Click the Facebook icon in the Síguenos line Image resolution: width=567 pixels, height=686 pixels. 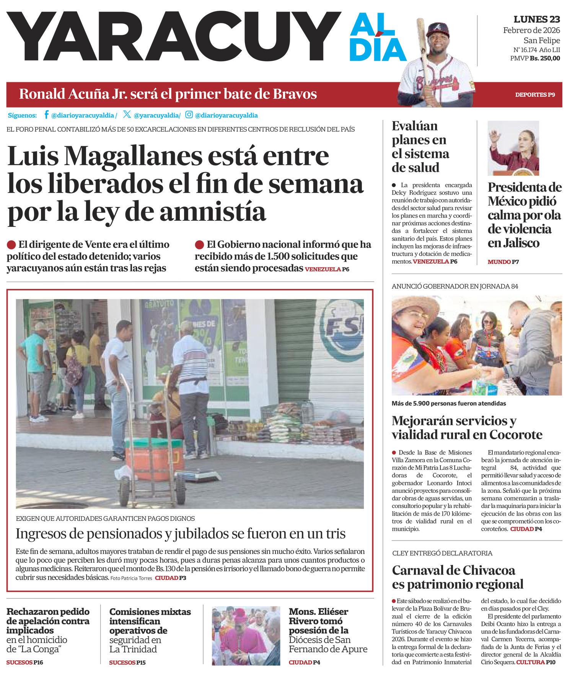click(46, 114)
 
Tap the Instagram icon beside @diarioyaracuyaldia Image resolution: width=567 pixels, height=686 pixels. click(189, 114)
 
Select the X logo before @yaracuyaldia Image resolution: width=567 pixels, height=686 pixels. click(127, 114)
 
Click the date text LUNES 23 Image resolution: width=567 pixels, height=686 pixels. click(536, 20)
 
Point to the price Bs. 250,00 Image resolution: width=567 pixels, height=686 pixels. click(545, 59)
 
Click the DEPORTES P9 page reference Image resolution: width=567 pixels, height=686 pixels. click(535, 95)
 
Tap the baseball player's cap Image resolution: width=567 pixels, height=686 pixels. click(437, 29)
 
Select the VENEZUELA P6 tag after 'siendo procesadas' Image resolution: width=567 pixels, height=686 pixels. click(327, 269)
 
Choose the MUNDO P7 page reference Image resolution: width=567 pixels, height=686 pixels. click(503, 262)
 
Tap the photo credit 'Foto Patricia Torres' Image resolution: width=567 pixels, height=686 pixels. click(131, 578)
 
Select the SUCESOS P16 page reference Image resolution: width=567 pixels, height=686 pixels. click(24, 663)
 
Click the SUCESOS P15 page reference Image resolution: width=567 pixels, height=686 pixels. click(127, 663)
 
